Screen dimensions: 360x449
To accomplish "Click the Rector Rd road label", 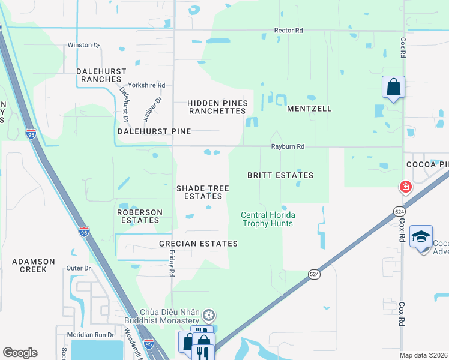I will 288,30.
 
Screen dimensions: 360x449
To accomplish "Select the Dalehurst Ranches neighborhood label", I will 101,75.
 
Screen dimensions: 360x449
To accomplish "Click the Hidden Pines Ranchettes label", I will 217,107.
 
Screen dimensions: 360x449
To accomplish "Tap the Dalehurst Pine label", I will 154,131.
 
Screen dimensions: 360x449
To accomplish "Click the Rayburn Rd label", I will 288,146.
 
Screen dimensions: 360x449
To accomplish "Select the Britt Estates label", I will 280,175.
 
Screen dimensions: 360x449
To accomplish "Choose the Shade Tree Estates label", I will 203,192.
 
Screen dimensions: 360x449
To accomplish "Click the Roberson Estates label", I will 139,216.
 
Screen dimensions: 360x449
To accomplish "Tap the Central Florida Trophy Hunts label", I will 268,219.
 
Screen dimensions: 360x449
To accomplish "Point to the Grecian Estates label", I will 198,244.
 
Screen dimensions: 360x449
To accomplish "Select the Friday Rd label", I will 171,264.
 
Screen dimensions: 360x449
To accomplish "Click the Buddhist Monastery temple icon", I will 209,315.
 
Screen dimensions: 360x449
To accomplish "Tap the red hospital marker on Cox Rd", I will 406,187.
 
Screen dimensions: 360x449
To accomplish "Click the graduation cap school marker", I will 421,236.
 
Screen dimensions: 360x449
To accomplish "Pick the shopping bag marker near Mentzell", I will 393,87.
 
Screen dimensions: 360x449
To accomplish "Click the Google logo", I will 20,353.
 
